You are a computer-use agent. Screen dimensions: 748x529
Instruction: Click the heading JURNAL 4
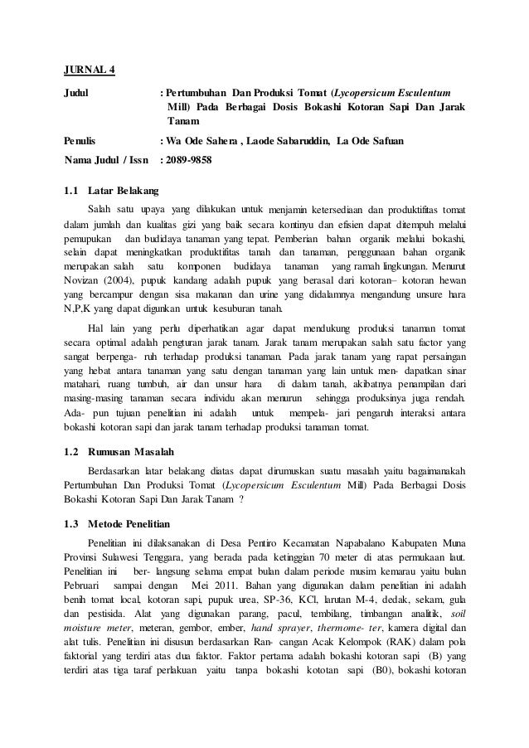90,68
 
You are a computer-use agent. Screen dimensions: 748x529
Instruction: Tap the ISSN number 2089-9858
188,160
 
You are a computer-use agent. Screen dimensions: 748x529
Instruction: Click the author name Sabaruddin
296,142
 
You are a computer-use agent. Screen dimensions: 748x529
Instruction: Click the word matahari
83,384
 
